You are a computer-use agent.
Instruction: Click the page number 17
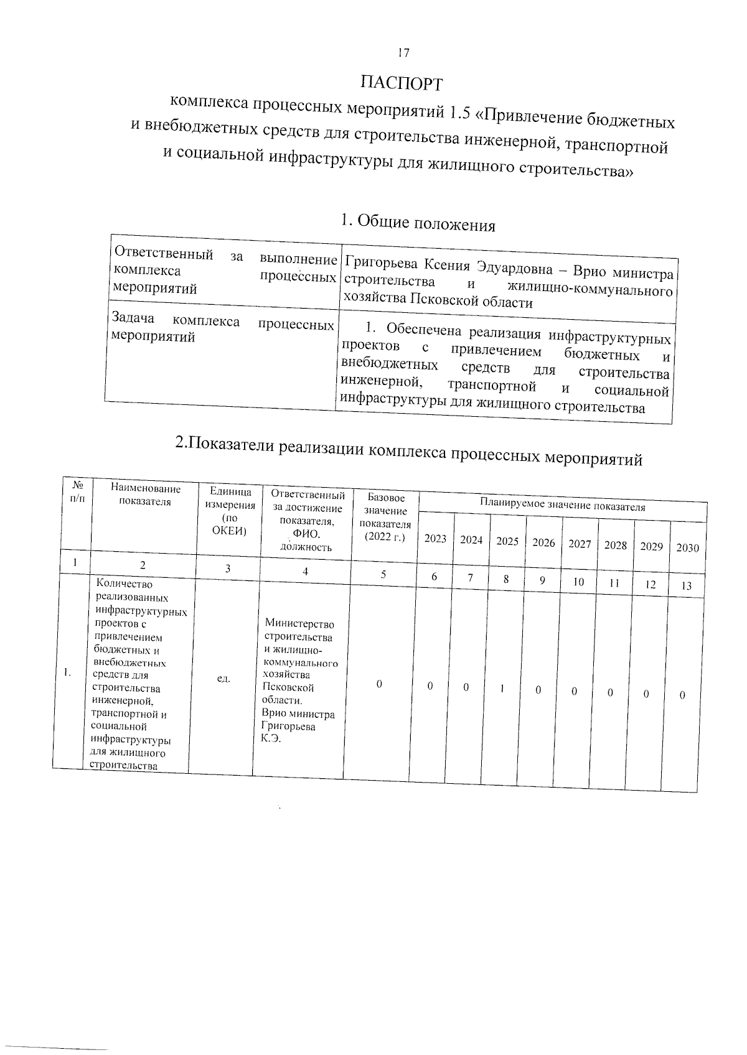click(x=403, y=53)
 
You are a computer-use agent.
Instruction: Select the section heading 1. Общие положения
click(x=418, y=223)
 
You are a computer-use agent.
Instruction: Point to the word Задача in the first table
click(x=133, y=318)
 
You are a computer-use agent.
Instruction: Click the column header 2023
click(x=435, y=539)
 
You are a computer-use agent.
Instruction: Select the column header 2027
click(x=580, y=544)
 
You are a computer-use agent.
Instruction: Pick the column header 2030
click(x=687, y=548)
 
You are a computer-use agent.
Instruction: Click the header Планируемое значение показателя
click(x=562, y=505)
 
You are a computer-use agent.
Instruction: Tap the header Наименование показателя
click(x=145, y=496)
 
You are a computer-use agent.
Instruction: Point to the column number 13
click(x=687, y=586)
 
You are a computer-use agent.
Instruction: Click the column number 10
click(x=578, y=582)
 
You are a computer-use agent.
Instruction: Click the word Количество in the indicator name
click(x=125, y=584)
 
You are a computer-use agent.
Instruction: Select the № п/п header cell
click(x=78, y=491)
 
